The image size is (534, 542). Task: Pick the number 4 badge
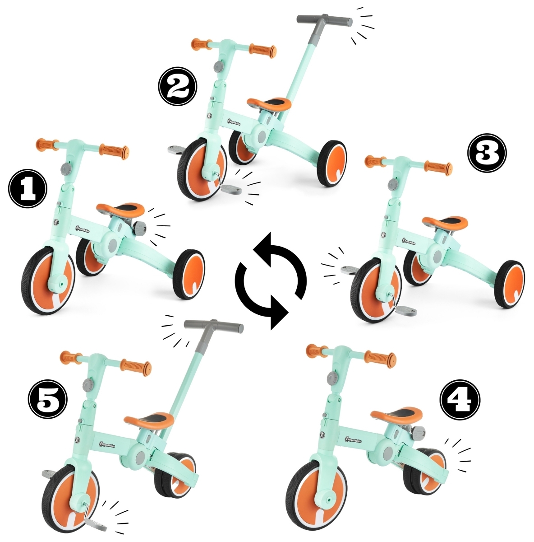pos(460,401)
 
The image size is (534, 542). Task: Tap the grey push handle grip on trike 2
pos(324,21)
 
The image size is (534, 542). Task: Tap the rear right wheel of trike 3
pos(510,285)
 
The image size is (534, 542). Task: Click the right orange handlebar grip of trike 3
pos(437,168)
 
